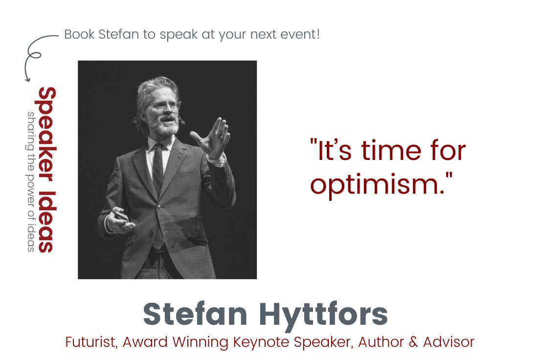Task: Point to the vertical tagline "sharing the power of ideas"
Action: [31, 181]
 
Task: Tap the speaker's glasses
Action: [164, 105]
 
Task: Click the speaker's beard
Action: [166, 128]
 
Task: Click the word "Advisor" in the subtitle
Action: [450, 342]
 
